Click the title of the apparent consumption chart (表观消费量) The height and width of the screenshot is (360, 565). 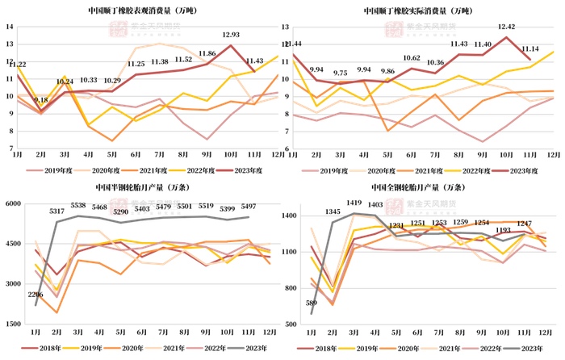(x=141, y=11)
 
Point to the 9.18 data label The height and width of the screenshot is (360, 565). (x=40, y=101)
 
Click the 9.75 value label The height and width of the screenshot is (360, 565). (x=340, y=73)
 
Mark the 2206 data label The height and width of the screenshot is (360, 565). (x=36, y=295)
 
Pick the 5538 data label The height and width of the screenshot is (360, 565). (x=78, y=206)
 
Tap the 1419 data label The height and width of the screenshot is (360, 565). (x=354, y=203)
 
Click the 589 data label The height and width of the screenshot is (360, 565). (x=312, y=303)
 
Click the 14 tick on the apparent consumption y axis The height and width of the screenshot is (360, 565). (x=9, y=27)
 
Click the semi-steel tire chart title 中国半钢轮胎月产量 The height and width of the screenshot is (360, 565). (x=141, y=187)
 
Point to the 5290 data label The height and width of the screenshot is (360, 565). (x=121, y=212)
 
